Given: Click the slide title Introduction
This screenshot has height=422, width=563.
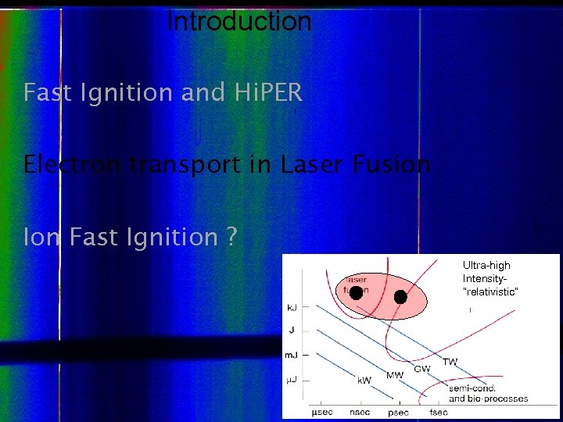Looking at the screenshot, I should tap(239, 22).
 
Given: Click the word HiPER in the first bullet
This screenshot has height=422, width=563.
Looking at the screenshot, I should tap(268, 93).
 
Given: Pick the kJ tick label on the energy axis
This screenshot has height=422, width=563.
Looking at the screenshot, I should tap(291, 308).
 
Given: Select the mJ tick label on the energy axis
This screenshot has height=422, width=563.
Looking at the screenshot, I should tap(291, 355).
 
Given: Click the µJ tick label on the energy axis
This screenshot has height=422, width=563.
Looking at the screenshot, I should tap(291, 380).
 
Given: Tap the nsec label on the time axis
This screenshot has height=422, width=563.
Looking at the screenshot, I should tap(360, 412).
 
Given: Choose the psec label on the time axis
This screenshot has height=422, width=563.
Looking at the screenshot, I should tap(399, 412).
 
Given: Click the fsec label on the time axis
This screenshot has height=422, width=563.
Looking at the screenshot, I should tap(438, 412).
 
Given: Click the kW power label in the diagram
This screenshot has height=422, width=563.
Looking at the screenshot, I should tap(364, 381).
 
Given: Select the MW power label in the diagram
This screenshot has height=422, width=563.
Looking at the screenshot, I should tap(395, 375).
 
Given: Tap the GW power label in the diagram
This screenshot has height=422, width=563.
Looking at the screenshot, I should tap(421, 369).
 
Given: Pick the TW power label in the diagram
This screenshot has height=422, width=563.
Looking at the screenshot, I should tap(450, 362).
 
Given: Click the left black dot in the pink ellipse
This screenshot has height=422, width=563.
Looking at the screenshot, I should tap(356, 293).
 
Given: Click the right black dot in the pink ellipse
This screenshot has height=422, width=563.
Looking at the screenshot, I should tap(400, 297).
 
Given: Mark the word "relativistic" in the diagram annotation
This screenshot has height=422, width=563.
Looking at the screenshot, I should tap(490, 291).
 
